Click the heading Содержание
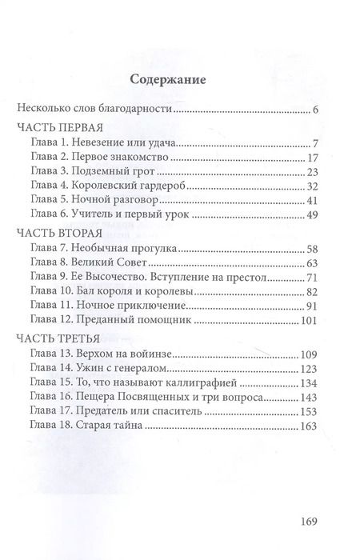point(168,80)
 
